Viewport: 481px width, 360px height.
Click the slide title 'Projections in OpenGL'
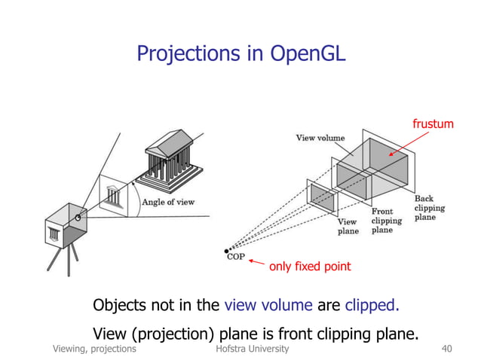tap(240, 53)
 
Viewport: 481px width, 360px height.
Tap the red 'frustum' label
tap(432, 123)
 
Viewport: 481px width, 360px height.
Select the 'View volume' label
tap(320, 138)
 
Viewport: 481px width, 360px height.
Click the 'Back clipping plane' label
tap(429, 208)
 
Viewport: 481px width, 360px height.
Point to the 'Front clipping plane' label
tap(386, 221)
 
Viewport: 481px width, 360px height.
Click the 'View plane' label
tap(347, 227)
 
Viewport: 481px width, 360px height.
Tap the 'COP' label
tap(235, 257)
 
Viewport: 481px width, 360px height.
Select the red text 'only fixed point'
tap(314, 266)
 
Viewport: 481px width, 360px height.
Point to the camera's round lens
tap(78, 218)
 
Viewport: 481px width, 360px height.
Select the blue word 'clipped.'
tap(372, 306)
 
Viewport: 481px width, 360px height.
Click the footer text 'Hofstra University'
tap(252, 349)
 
